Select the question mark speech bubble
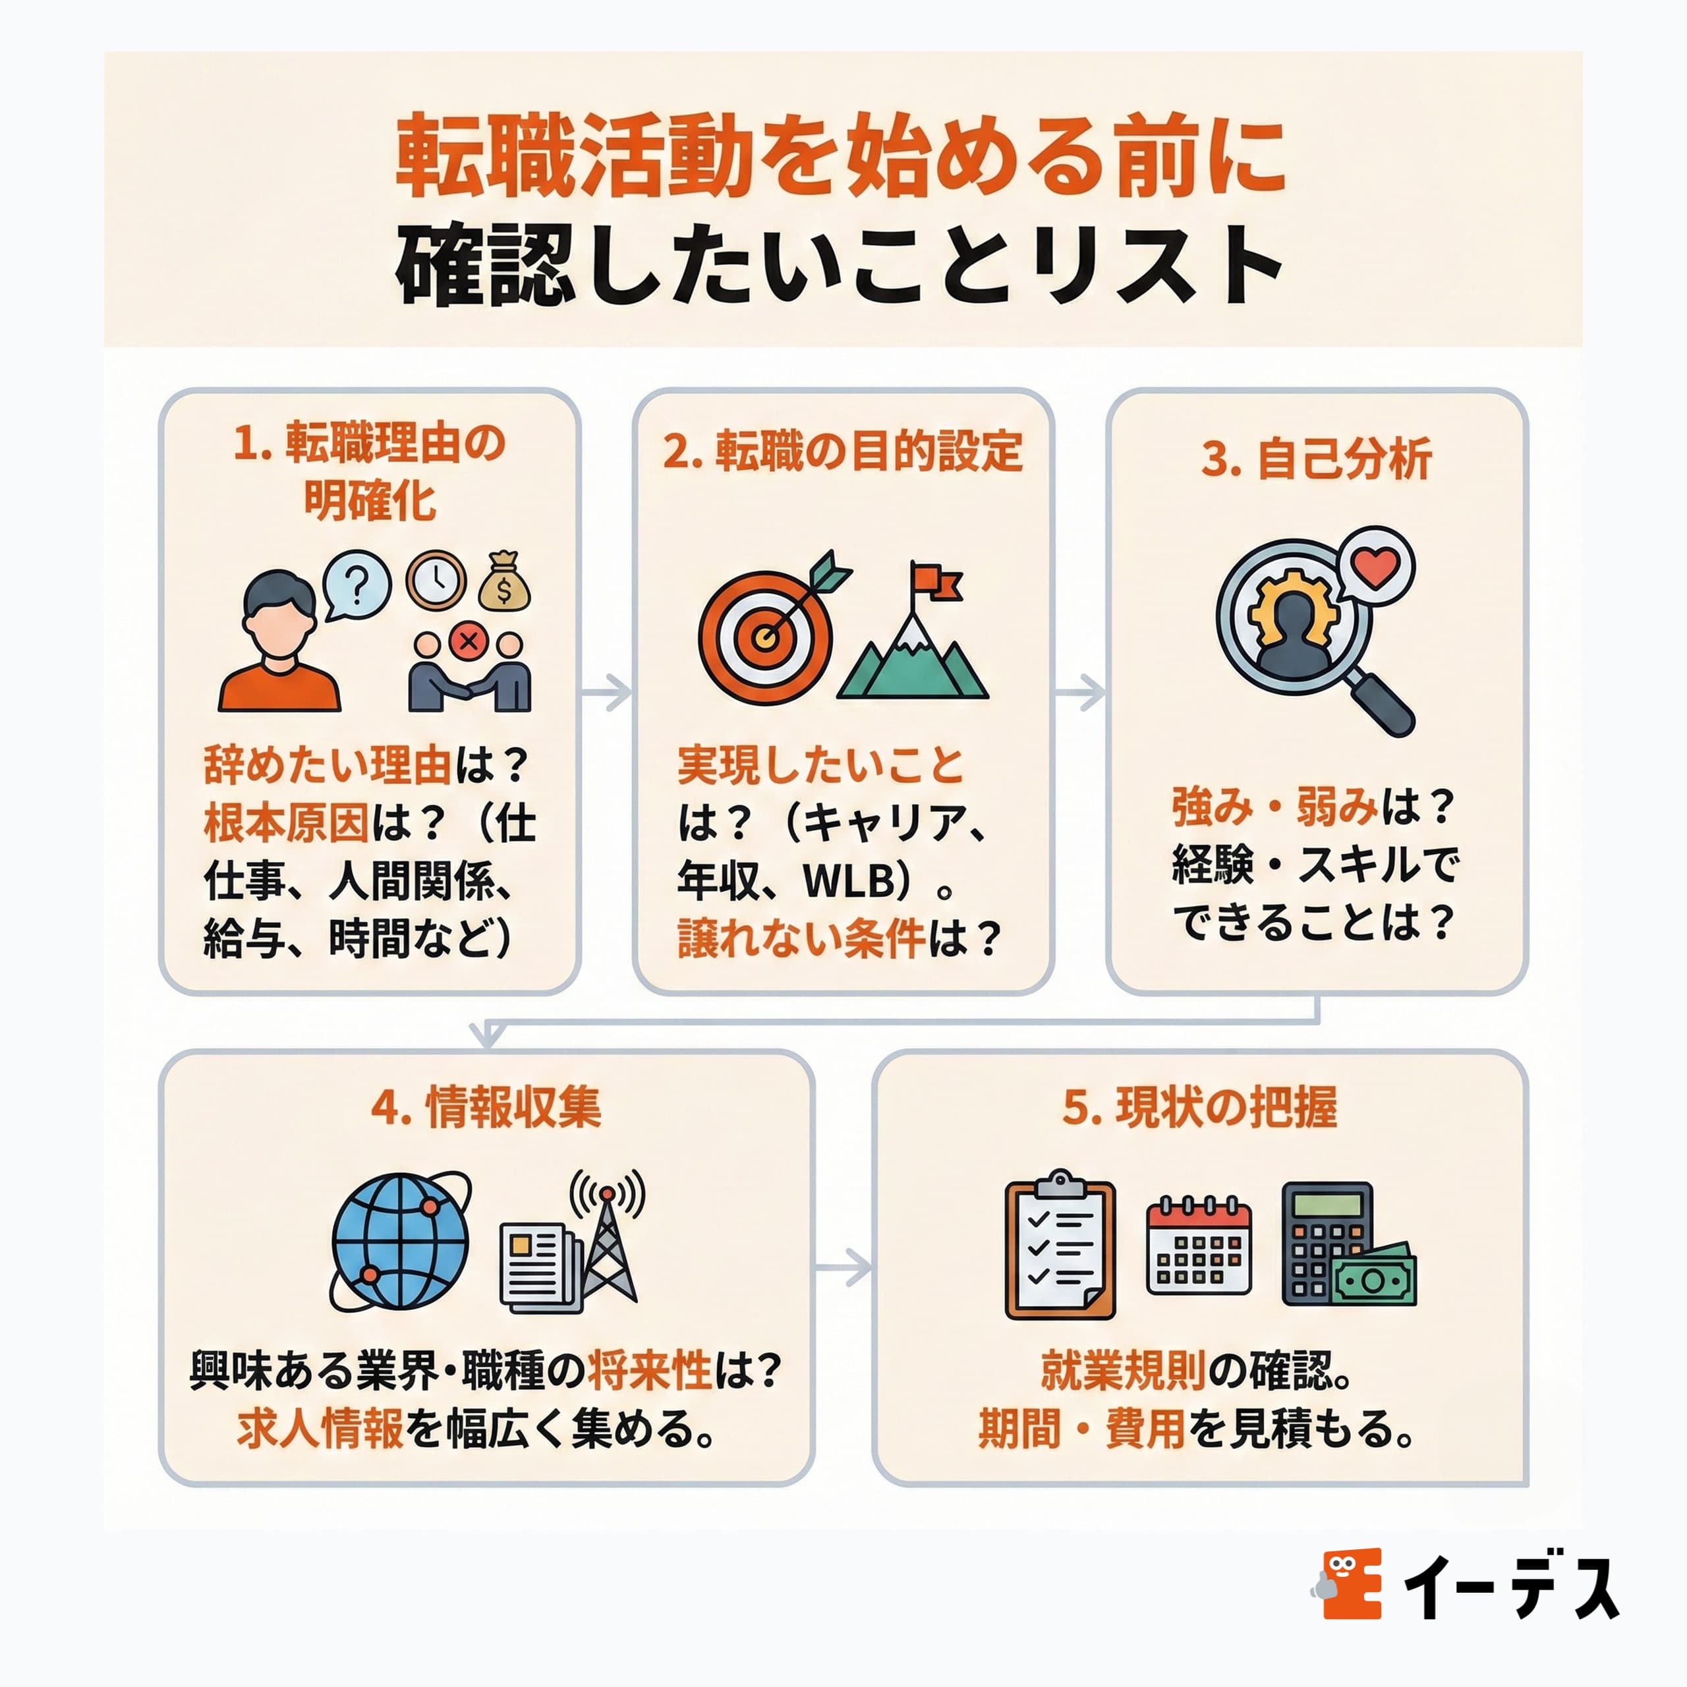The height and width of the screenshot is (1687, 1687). [357, 584]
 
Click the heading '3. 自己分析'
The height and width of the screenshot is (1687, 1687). [1317, 459]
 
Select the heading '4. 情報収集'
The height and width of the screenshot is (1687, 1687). [486, 1108]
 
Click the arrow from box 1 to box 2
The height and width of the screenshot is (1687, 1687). [607, 693]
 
